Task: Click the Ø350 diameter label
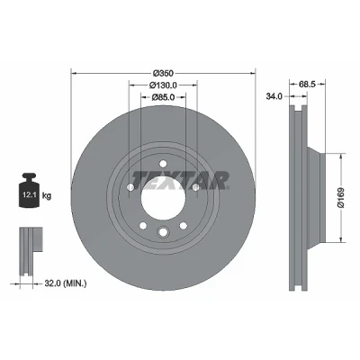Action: click(163, 73)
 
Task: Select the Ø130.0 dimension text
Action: click(163, 85)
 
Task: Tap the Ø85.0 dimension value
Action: click(163, 97)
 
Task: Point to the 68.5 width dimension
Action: click(307, 85)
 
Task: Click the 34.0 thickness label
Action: click(274, 96)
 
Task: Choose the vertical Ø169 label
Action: click(341, 198)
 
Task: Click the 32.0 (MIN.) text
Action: click(66, 283)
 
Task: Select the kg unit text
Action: click(47, 196)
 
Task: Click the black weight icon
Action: click(30, 190)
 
